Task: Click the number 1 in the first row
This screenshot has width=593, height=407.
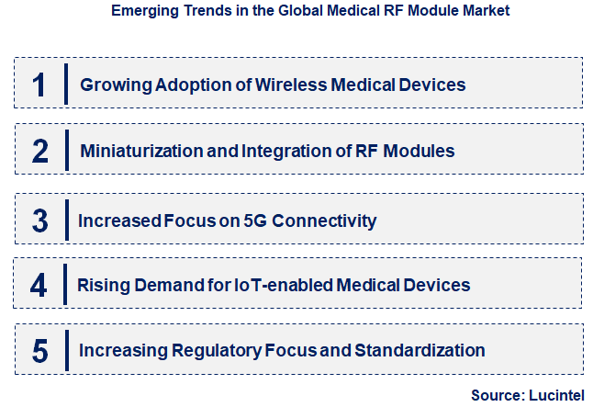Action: tap(39, 85)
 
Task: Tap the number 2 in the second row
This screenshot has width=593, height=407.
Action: tap(39, 151)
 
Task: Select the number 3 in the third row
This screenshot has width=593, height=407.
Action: tap(39, 220)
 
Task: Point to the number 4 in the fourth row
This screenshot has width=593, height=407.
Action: tap(39, 286)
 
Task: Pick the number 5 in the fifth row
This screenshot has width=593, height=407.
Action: tap(39, 350)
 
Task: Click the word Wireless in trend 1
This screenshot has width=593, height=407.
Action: tap(288, 85)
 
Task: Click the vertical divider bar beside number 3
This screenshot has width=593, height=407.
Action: tap(66, 220)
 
